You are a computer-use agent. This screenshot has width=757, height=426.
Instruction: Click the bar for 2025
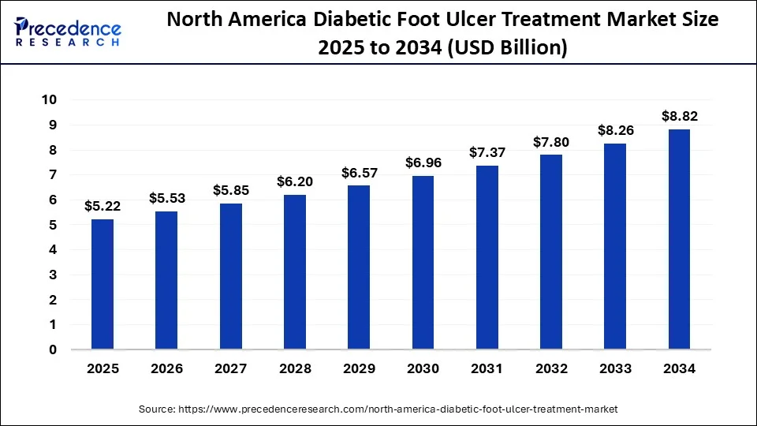(103, 284)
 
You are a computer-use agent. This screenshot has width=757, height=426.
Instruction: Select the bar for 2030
(423, 262)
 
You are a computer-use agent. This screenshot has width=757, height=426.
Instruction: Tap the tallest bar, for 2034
(679, 239)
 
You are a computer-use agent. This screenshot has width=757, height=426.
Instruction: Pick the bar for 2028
(295, 271)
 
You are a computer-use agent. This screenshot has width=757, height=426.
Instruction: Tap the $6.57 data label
(359, 173)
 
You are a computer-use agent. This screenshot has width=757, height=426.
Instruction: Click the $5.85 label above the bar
(230, 191)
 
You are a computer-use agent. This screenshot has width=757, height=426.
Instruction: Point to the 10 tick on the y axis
(50, 99)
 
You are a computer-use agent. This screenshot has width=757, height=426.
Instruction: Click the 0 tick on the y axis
(54, 349)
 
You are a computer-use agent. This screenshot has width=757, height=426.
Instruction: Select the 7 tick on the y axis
(54, 174)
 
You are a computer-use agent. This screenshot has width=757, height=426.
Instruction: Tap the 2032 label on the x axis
(551, 368)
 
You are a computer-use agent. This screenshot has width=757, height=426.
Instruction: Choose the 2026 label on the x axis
(166, 368)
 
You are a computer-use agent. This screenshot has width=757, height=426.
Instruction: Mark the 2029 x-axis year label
(359, 368)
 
